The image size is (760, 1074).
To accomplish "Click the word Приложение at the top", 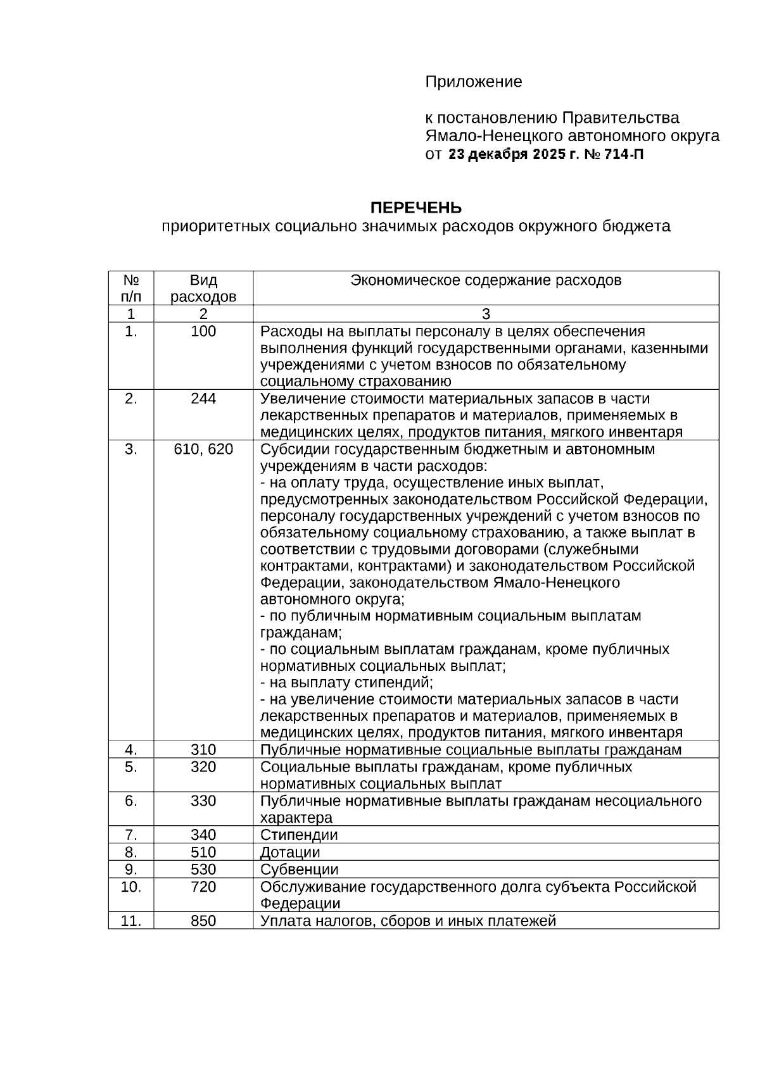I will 473,82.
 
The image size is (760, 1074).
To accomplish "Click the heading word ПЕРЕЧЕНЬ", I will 415,208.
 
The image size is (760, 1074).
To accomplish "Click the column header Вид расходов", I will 203,288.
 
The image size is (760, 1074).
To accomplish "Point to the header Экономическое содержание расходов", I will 486,280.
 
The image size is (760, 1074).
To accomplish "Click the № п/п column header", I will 131,288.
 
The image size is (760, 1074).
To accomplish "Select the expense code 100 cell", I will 203,332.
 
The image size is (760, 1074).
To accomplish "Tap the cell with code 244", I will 203,399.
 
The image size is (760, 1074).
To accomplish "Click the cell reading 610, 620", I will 203,449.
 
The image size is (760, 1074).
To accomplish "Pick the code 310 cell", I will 203,750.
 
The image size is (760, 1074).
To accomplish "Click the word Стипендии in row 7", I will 299,835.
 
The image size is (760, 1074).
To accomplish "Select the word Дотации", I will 290,852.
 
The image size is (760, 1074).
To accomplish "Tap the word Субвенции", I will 299,870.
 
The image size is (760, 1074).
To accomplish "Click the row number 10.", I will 131,887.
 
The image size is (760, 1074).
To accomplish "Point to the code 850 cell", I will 203,921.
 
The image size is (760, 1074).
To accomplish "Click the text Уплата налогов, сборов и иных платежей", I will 408,921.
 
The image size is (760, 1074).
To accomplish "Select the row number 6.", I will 131,801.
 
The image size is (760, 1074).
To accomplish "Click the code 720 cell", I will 203,887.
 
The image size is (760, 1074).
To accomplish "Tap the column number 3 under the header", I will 486,314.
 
